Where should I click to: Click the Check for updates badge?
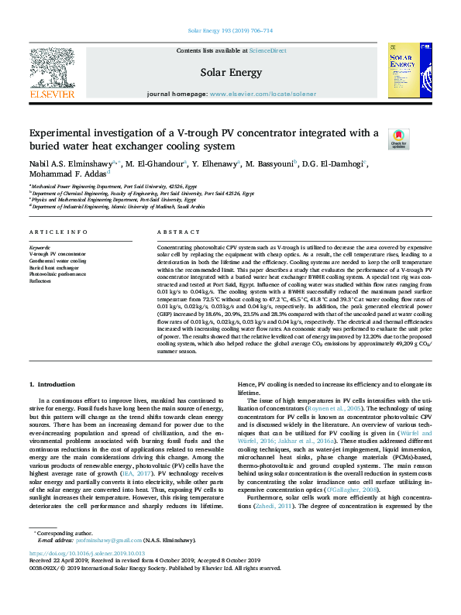click(398, 139)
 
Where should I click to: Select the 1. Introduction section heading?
click(52, 384)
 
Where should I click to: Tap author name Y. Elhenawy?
click(215, 163)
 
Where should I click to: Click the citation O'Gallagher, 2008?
click(352, 490)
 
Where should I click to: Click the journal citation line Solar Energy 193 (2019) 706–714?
click(230, 32)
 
